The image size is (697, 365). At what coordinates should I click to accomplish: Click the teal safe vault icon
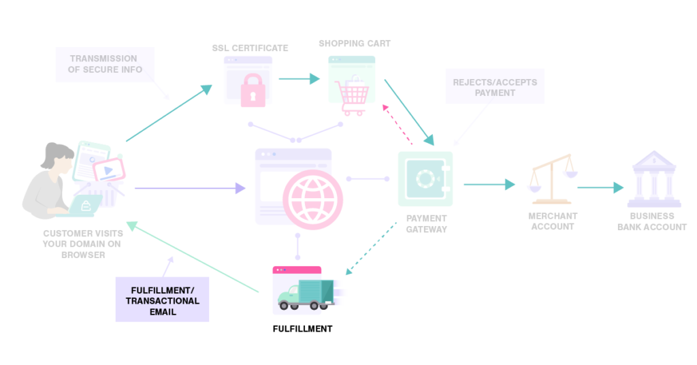tap(425, 178)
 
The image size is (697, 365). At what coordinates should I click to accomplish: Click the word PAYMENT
tap(495, 93)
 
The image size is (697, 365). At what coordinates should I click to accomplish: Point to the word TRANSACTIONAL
tap(163, 301)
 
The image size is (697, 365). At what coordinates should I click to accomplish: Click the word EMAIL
tap(163, 312)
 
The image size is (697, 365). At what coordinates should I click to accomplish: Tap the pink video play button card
tap(108, 170)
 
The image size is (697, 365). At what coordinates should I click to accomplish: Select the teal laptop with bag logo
tap(86, 206)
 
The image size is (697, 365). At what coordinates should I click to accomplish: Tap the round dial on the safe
tap(425, 179)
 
